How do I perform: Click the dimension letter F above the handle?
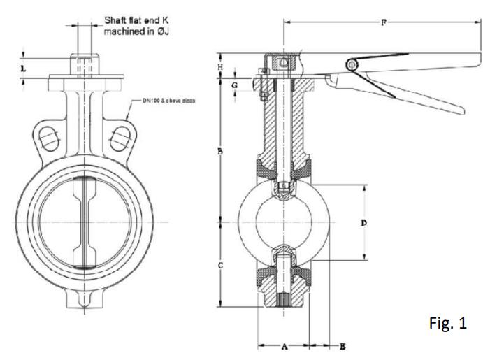pos(383,22)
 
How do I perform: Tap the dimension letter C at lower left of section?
pos(220,266)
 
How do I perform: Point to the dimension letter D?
pos(363,223)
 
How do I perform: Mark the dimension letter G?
pos(235,85)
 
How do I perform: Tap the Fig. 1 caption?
pos(445,325)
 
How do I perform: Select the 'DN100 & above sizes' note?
pos(168,101)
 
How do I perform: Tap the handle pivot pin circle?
pos(352,65)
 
